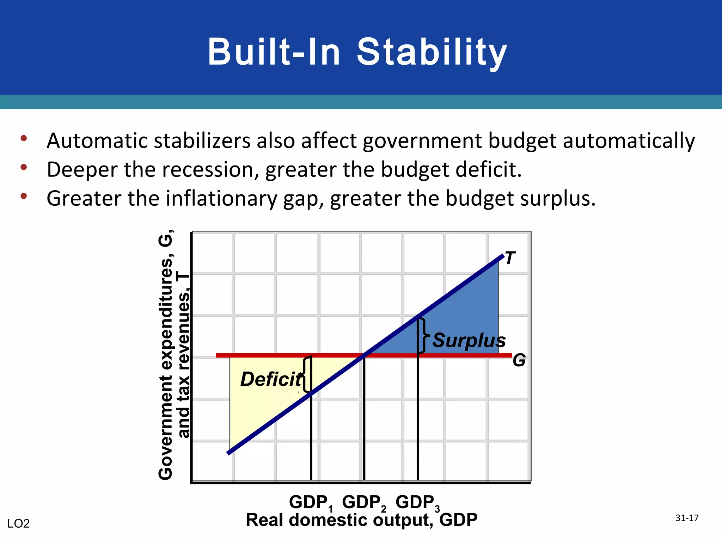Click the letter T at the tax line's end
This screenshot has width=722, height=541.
(x=510, y=258)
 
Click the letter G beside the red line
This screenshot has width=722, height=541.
(x=519, y=361)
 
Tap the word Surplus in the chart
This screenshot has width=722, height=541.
(x=469, y=341)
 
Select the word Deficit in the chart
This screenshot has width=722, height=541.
(x=271, y=379)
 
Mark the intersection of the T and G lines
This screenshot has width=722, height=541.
(x=364, y=355)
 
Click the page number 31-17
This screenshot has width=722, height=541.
(x=687, y=518)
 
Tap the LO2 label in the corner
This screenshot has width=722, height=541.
(x=18, y=524)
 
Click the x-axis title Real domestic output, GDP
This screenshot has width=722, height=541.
(x=361, y=520)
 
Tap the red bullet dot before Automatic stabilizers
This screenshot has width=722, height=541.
(x=24, y=138)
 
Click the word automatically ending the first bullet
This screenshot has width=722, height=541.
(x=629, y=141)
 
